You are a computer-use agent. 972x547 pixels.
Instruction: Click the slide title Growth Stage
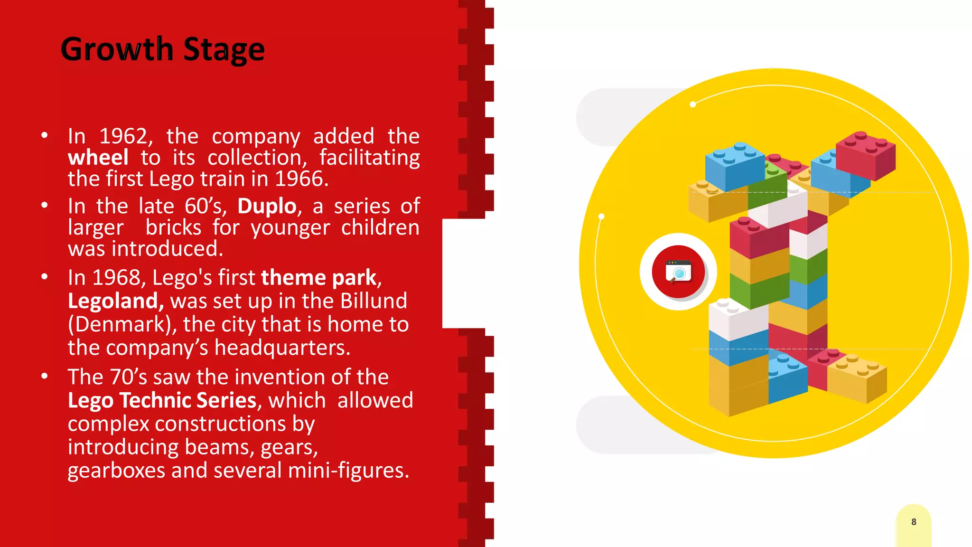point(162,49)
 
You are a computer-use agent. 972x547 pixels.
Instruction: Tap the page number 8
point(914,522)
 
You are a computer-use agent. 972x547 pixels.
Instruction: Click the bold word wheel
point(98,158)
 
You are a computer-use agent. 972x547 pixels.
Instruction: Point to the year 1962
point(123,136)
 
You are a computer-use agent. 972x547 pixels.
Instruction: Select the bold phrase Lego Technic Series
point(162,400)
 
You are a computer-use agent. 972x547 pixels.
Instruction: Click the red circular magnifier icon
point(678,272)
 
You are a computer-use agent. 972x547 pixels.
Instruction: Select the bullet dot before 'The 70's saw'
point(45,377)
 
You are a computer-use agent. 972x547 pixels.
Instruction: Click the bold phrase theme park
point(318,278)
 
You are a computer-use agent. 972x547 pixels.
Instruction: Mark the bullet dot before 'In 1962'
point(45,136)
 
